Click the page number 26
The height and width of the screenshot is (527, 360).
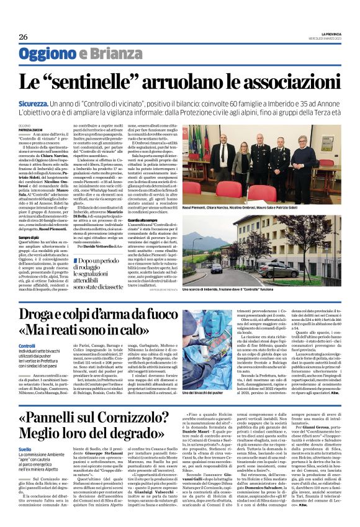point(24,37)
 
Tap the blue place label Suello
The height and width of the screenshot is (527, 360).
point(25,449)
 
